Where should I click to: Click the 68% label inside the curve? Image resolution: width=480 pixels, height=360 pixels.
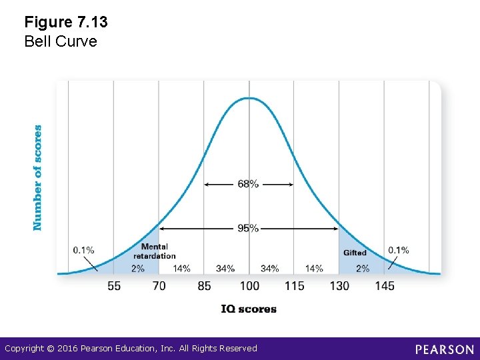click(248, 184)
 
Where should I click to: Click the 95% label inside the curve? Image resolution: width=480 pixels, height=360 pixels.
click(248, 228)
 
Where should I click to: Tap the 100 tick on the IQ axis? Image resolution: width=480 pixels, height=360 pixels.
click(249, 286)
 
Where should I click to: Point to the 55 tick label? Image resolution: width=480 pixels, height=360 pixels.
click(114, 286)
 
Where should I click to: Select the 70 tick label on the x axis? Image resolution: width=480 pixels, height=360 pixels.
click(159, 286)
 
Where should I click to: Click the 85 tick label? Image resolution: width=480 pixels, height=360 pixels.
click(204, 286)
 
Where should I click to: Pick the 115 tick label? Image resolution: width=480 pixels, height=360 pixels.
click(294, 286)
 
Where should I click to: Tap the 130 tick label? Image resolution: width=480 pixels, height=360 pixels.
click(339, 286)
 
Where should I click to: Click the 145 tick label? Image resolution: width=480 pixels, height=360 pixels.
click(384, 286)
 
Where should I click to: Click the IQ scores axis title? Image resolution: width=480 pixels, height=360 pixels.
click(249, 309)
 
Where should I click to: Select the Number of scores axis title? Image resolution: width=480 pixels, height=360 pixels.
click(38, 178)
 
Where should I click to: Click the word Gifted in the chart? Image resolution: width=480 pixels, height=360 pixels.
click(355, 253)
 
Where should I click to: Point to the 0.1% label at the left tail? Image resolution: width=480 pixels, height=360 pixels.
click(83, 250)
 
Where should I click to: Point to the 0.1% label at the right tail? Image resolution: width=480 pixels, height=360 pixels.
click(399, 250)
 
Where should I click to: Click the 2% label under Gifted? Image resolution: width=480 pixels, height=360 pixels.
click(362, 268)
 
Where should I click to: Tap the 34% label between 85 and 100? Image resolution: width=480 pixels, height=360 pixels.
click(225, 268)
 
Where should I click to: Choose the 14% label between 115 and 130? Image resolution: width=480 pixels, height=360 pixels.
click(314, 268)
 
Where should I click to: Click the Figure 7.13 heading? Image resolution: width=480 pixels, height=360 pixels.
click(66, 22)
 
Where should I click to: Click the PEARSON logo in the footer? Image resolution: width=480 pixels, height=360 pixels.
click(444, 349)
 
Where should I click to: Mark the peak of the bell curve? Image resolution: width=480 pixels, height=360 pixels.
click(249, 98)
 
